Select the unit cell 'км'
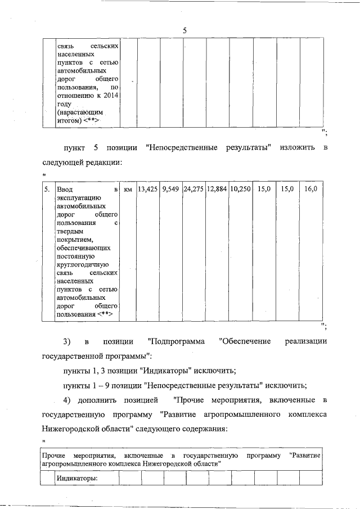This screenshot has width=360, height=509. click(x=128, y=190)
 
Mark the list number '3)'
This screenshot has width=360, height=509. click(x=66, y=341)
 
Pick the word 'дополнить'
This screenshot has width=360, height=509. click(x=94, y=400)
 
